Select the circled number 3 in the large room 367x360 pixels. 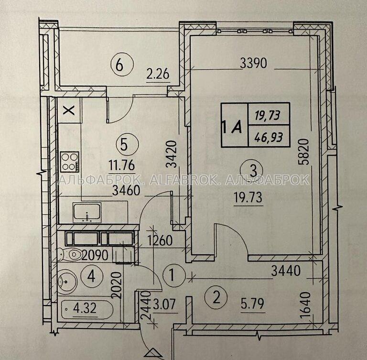(253, 171)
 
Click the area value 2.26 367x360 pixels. (158, 75)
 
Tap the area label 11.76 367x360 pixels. (122, 166)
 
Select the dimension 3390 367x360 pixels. (254, 63)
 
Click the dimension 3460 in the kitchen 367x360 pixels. (126, 191)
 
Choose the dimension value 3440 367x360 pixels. (286, 271)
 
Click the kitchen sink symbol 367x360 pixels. (87, 213)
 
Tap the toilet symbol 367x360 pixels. (71, 254)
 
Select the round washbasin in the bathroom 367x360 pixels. (67, 281)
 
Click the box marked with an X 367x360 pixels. (69, 110)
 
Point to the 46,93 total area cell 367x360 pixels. (269, 136)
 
